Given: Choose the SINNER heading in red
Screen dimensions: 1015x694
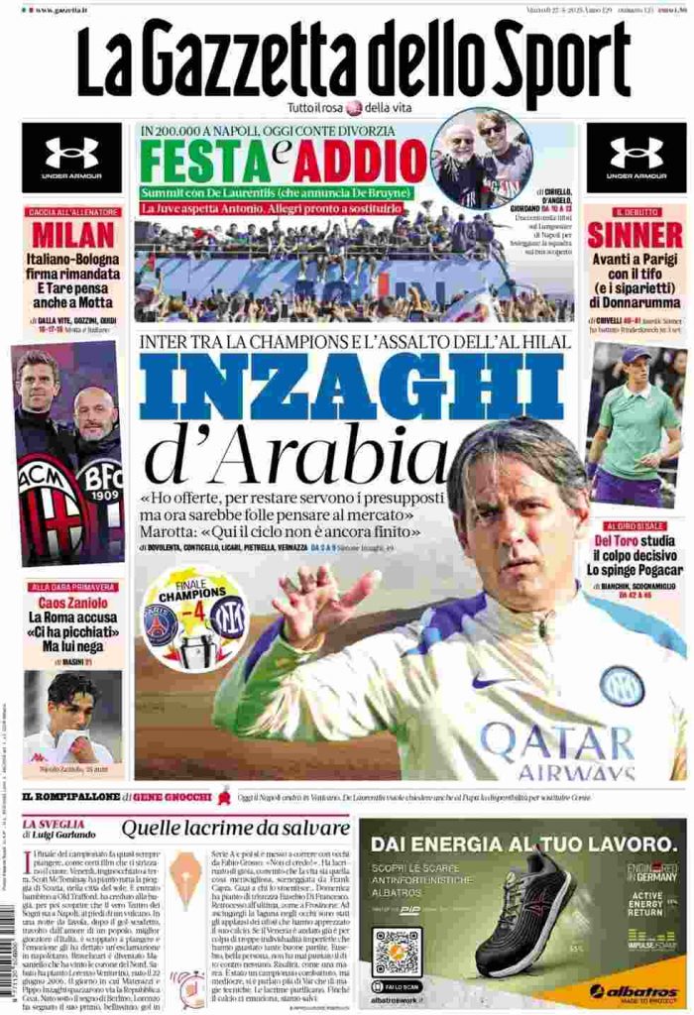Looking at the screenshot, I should [x=635, y=234].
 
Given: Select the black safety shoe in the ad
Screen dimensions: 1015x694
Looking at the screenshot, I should [x=525, y=917].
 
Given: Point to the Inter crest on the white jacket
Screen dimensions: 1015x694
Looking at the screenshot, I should [x=622, y=685].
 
